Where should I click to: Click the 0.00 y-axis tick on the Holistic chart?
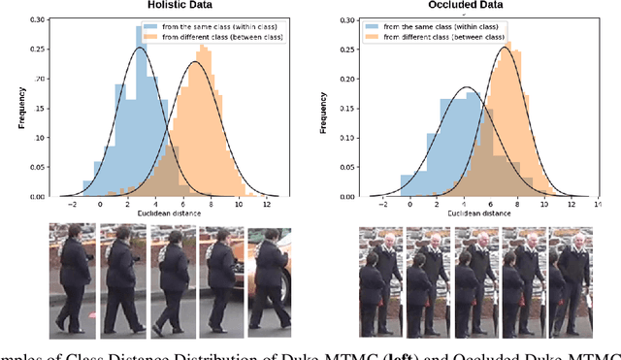[37, 196]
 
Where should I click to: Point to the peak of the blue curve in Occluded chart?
[467, 88]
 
